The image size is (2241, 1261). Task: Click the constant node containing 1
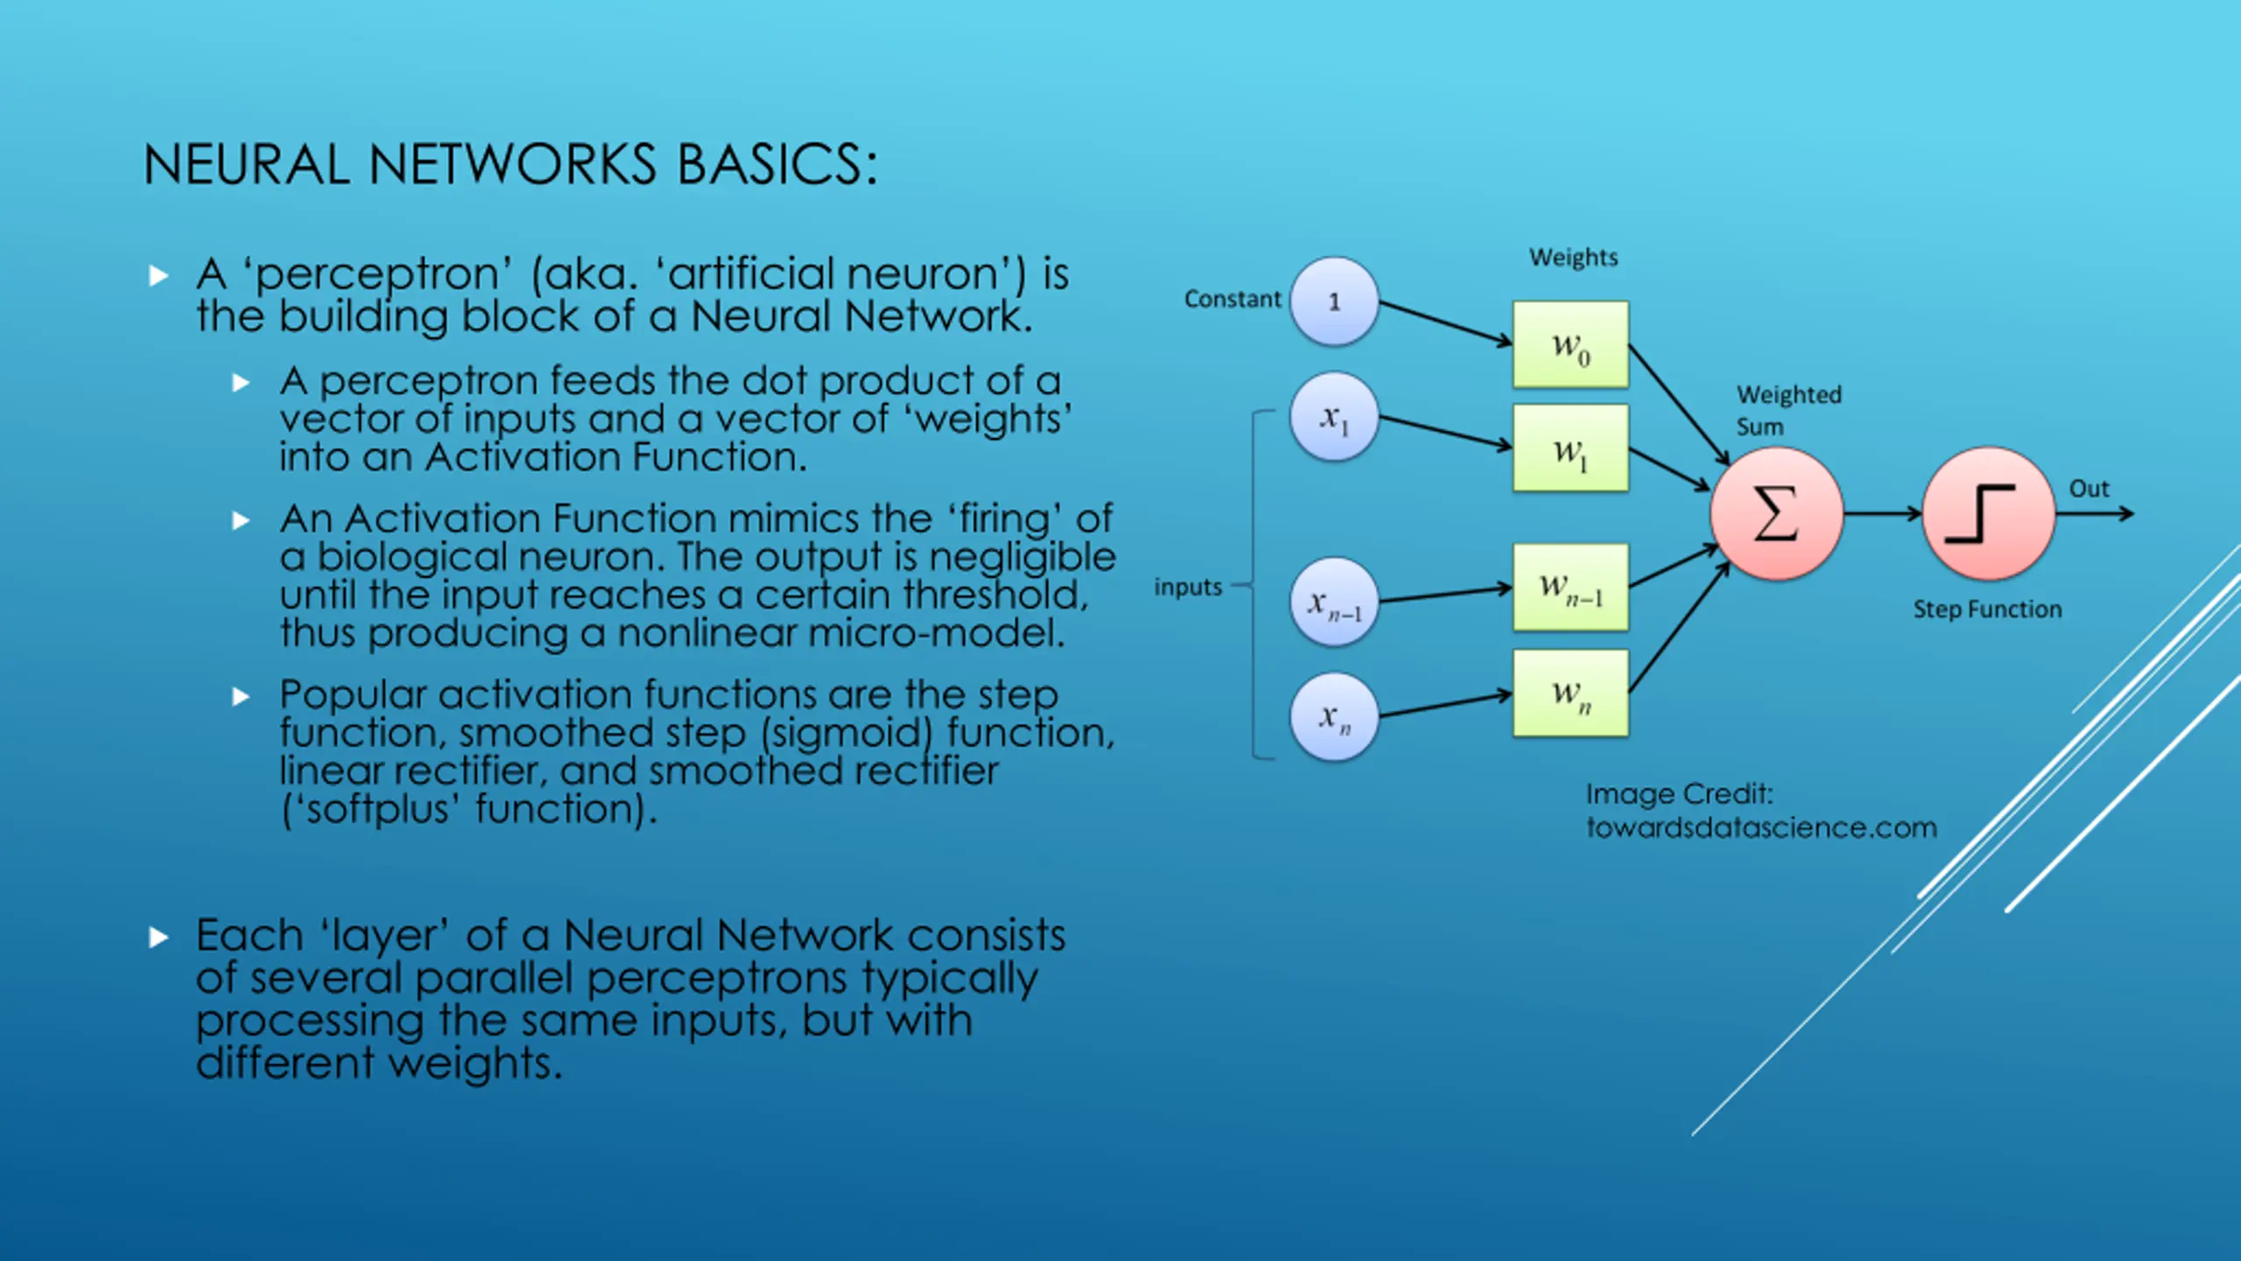coord(1334,301)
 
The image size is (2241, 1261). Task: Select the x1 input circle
coord(1334,418)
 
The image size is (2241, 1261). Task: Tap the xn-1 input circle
coord(1334,602)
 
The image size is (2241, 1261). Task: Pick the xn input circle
coord(1334,717)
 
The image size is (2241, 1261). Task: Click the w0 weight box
coord(1571,344)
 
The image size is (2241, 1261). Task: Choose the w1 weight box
coord(1571,447)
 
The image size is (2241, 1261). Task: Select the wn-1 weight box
coord(1571,587)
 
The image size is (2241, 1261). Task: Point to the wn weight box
coord(1571,693)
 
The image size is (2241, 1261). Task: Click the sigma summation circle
coord(1777,514)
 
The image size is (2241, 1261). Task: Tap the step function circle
coord(1989,514)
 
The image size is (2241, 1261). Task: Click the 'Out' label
coord(2090,489)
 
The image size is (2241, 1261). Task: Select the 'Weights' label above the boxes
coord(1574,257)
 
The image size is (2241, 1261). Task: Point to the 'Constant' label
coord(1233,299)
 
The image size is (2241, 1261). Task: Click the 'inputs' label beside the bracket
coord(1188,588)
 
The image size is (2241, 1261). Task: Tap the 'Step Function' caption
coord(1987,609)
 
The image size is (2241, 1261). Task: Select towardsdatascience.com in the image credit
coord(1761,828)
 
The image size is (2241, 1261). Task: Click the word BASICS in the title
coord(777,165)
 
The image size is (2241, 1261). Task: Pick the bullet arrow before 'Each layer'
coord(158,938)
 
